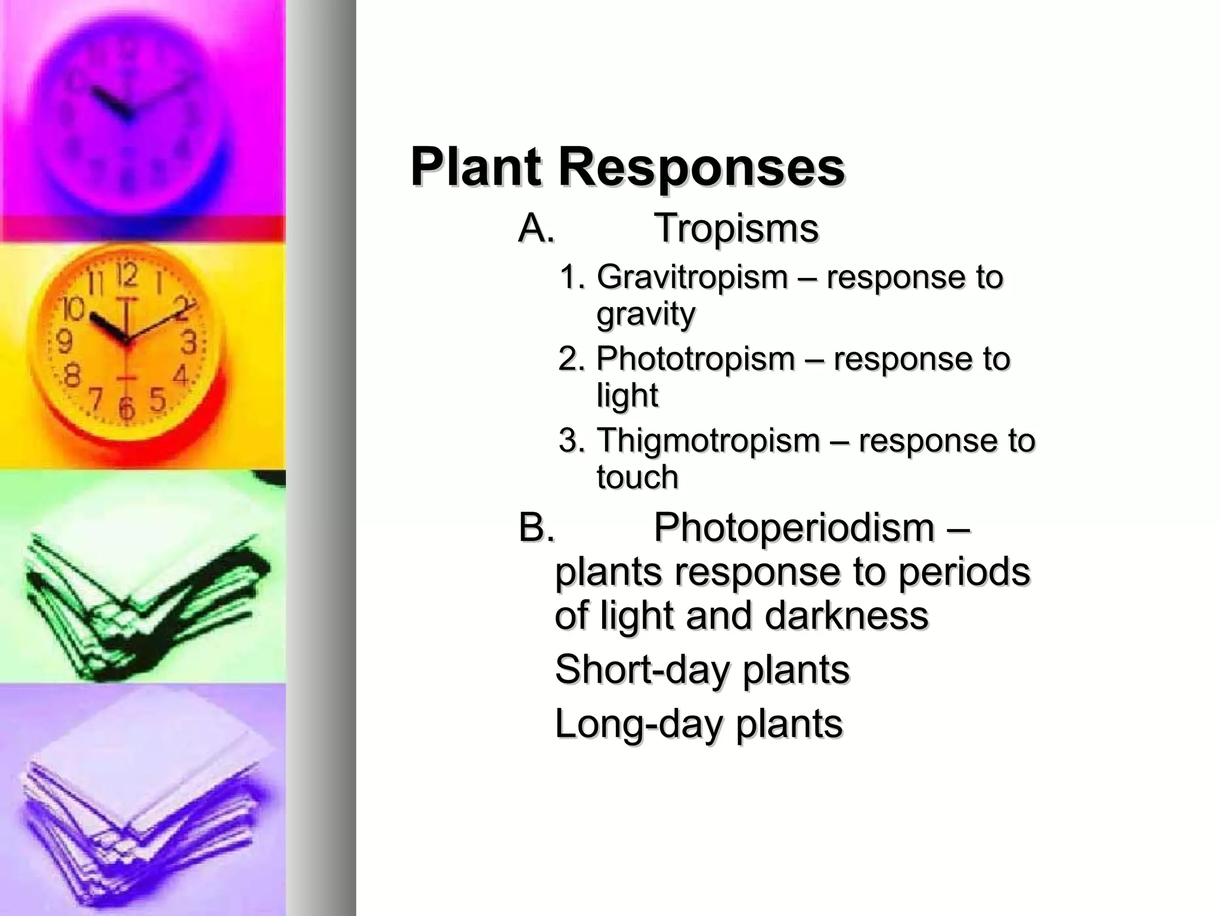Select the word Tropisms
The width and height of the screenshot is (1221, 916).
(x=736, y=228)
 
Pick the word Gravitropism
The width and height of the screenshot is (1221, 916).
(x=692, y=278)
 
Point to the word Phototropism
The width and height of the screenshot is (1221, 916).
(x=696, y=359)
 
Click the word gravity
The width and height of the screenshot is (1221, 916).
(x=646, y=314)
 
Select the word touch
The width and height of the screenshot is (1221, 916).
(x=637, y=477)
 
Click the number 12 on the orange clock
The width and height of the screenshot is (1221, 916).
(x=126, y=276)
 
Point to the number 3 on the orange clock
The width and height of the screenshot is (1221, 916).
(x=188, y=342)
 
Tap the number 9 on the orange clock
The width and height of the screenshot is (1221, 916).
(x=64, y=342)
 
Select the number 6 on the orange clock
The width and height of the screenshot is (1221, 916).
(x=126, y=409)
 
